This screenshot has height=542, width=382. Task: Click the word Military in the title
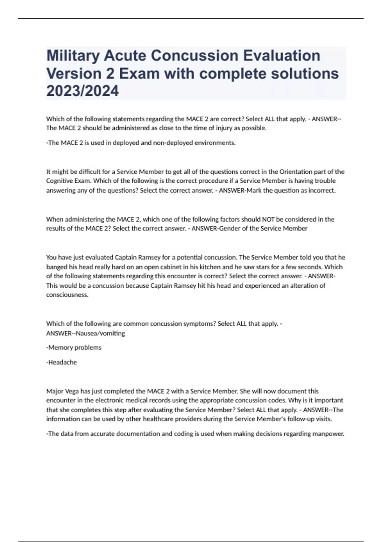click(x=72, y=56)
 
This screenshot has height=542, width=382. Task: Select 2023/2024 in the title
click(x=82, y=91)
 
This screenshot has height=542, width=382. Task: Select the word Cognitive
click(x=59, y=181)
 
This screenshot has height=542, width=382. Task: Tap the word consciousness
click(x=67, y=295)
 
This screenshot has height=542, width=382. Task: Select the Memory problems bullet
click(x=74, y=348)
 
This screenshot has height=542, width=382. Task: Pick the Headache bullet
click(x=62, y=362)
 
